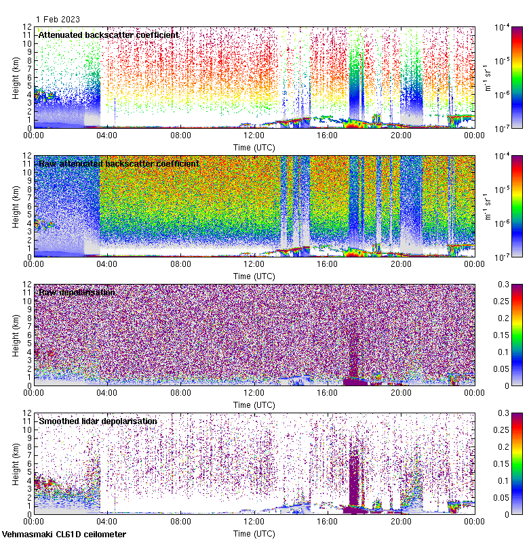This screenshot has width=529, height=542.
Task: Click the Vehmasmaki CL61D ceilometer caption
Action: (x=64, y=535)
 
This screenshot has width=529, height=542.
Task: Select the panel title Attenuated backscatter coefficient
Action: (x=109, y=35)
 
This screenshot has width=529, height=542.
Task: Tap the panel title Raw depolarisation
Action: (x=77, y=292)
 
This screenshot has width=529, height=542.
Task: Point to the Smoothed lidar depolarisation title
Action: (x=98, y=421)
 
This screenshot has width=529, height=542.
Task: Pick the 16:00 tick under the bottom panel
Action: (x=328, y=521)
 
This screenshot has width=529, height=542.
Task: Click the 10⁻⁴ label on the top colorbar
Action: (x=503, y=28)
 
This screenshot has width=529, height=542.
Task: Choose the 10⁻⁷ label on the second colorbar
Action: (x=503, y=257)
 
